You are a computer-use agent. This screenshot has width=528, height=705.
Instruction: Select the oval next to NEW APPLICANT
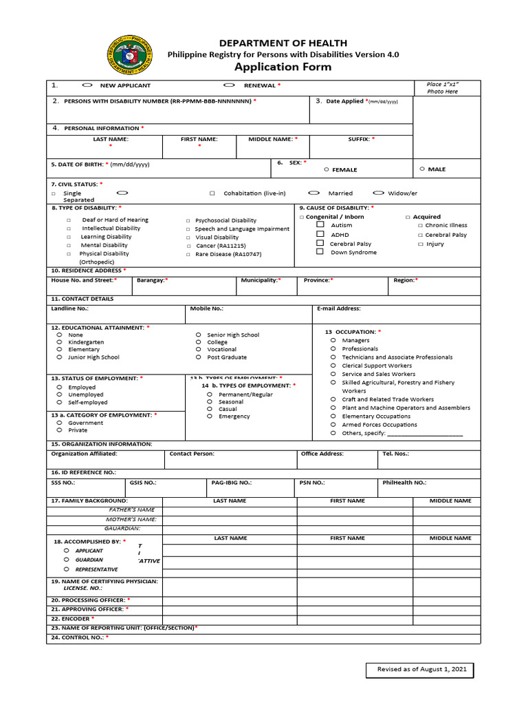pos(87,85)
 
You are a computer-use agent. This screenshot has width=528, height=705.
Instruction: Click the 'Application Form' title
pos(283,67)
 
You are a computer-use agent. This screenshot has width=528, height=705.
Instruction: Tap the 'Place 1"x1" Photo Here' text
pos(442,87)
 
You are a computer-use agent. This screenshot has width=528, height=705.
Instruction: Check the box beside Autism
pos(320,225)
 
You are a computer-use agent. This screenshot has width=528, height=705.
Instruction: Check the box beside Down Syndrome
pos(320,252)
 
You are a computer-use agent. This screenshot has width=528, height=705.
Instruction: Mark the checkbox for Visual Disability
pos(188,238)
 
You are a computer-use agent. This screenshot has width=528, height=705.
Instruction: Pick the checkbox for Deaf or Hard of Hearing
pos(69,220)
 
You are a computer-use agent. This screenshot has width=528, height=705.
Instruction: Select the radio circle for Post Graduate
pos(198,357)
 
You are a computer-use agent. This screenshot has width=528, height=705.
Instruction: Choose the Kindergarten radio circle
pos(60,342)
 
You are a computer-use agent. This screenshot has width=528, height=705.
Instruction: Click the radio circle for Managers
pos(333,340)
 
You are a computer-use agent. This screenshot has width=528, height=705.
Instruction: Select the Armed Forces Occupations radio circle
pos(333,425)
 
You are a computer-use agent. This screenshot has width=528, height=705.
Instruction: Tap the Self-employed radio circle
pos(60,402)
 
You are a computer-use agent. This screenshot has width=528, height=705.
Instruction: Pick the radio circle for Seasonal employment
pos(210,402)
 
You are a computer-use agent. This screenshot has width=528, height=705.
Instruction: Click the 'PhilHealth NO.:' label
pos(404,483)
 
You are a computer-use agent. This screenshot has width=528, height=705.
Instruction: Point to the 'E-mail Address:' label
pos(338,308)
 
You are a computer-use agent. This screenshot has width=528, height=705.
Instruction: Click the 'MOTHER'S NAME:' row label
pos(131,519)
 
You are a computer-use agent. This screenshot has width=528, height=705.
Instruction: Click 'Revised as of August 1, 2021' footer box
pos(419,669)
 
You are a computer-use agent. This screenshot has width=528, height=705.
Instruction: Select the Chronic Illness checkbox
pos(420,226)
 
